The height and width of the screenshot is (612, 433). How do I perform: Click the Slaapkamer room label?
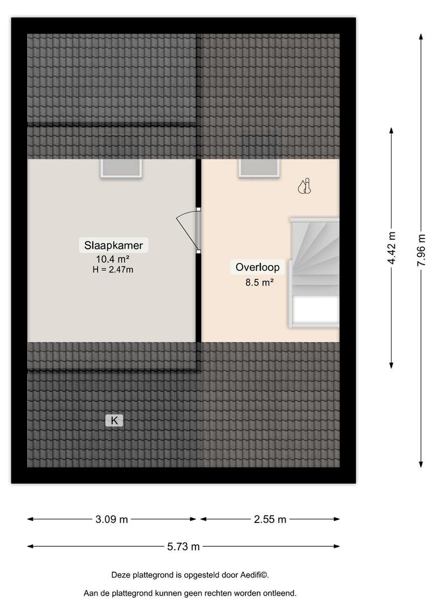(x=113, y=245)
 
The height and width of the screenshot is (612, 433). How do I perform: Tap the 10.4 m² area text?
(x=113, y=259)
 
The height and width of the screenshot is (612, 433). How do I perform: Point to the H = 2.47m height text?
(x=113, y=269)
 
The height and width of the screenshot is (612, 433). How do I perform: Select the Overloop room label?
(x=257, y=267)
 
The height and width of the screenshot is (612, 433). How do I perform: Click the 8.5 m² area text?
(x=259, y=282)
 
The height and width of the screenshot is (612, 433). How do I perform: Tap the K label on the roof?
(x=114, y=420)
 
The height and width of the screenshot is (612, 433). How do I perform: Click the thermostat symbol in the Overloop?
(x=304, y=186)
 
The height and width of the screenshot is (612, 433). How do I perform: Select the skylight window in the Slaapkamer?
(x=121, y=168)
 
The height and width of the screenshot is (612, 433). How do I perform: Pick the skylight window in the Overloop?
(x=259, y=168)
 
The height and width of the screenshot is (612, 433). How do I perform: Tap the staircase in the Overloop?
(x=314, y=273)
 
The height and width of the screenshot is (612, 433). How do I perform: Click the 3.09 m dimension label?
(x=112, y=519)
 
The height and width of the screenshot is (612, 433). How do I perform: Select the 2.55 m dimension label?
(x=270, y=519)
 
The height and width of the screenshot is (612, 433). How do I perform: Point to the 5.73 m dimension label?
(x=184, y=546)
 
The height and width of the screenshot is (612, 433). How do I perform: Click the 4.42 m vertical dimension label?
(x=392, y=248)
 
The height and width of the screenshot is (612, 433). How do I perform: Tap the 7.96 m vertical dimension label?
(x=421, y=250)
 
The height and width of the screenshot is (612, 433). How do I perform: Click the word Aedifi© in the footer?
(x=254, y=575)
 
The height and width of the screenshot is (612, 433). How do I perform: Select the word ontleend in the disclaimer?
(x=279, y=593)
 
